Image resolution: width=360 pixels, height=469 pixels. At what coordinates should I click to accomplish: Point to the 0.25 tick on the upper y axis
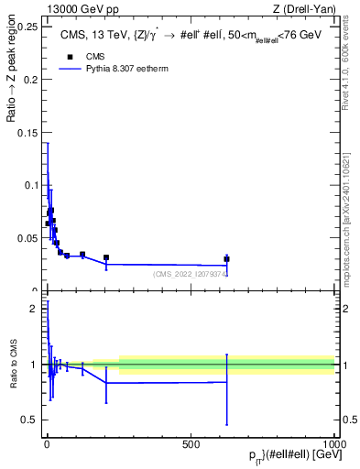(27, 27)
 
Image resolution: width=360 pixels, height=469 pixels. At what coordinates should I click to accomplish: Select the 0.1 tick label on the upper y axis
(32, 185)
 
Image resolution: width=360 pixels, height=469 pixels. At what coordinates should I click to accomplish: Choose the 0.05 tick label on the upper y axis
(27, 238)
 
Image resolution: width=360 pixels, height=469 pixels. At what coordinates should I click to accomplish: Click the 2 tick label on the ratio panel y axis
(34, 309)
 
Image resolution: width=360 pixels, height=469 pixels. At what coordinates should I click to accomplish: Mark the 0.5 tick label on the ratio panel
(30, 420)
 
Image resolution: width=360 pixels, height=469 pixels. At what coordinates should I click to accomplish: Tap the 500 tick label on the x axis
(191, 444)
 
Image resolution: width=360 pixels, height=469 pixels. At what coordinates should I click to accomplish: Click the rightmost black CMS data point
(226, 259)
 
